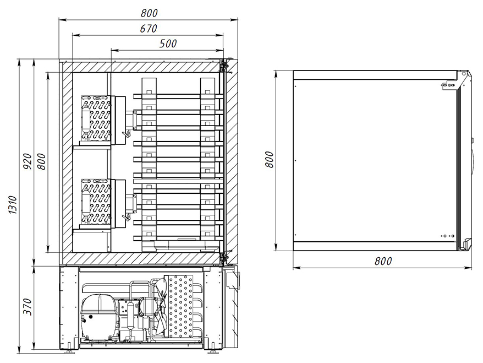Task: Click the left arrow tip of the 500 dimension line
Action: pos(111,50)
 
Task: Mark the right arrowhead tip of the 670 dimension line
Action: pos(223,35)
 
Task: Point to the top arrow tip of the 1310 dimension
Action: pos(20,58)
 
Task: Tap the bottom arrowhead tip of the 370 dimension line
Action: pos(35,349)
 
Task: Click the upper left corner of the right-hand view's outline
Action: pos(293,71)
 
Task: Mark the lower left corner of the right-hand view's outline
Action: pos(293,251)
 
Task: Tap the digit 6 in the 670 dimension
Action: pos(143,29)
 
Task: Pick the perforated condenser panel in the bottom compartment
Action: pos(179,306)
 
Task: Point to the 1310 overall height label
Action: pos(13,204)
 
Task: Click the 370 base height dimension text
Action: pos(28,307)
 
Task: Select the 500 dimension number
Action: pos(168,44)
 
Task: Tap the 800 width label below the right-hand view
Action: pos(383,261)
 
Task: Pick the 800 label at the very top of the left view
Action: pos(149,13)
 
